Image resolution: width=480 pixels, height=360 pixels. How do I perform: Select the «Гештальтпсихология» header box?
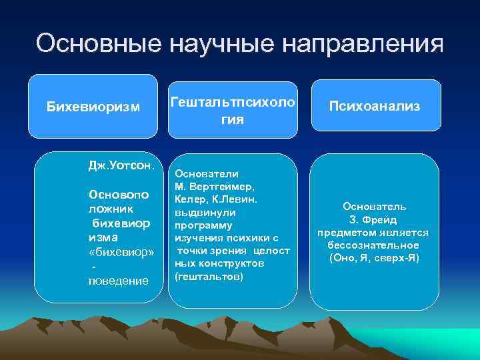pyautogui.click(x=233, y=111)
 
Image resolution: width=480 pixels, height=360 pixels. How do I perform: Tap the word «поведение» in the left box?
pyautogui.click(x=118, y=281)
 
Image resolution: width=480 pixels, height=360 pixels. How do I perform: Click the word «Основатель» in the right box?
pyautogui.click(x=374, y=207)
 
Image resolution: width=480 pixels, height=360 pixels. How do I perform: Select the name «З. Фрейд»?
pyautogui.click(x=373, y=220)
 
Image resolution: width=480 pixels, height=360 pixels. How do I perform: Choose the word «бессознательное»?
pyautogui.click(x=374, y=245)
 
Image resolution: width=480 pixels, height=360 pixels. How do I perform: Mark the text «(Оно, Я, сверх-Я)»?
pyautogui.click(x=374, y=258)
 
